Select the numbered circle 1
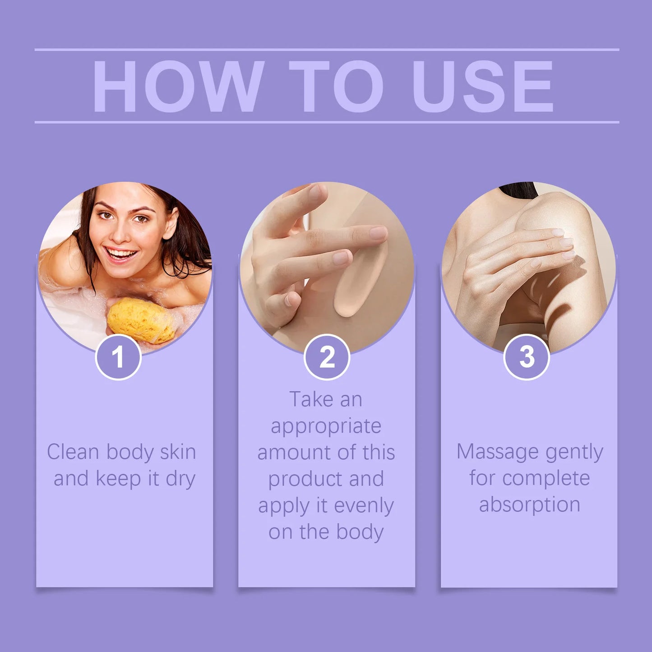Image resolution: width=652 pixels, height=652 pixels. click(x=118, y=357)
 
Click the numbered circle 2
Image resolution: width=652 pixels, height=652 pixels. click(x=327, y=357)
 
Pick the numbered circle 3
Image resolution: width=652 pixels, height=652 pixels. click(x=526, y=357)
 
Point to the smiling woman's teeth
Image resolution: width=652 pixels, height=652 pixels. click(x=121, y=254)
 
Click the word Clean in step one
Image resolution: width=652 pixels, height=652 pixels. click(x=73, y=452)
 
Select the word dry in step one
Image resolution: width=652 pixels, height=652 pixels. click(x=180, y=479)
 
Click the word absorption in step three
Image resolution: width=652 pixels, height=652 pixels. click(x=529, y=505)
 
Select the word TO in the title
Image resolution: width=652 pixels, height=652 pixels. click(x=336, y=87)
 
